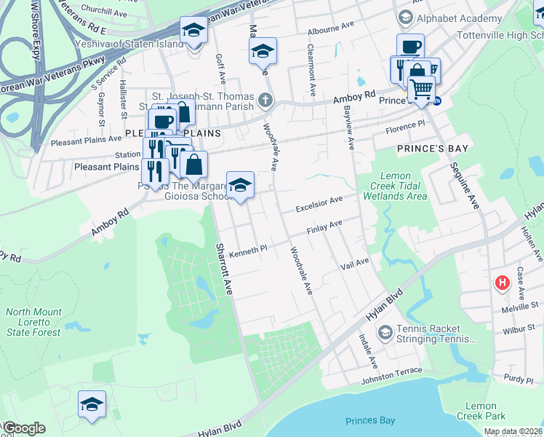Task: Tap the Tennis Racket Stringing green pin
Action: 385,333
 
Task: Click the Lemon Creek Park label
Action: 481,411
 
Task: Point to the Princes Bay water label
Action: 371,421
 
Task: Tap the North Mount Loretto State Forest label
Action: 33,322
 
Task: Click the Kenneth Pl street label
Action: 249,252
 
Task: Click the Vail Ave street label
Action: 355,264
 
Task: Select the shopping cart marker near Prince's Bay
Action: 421,90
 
